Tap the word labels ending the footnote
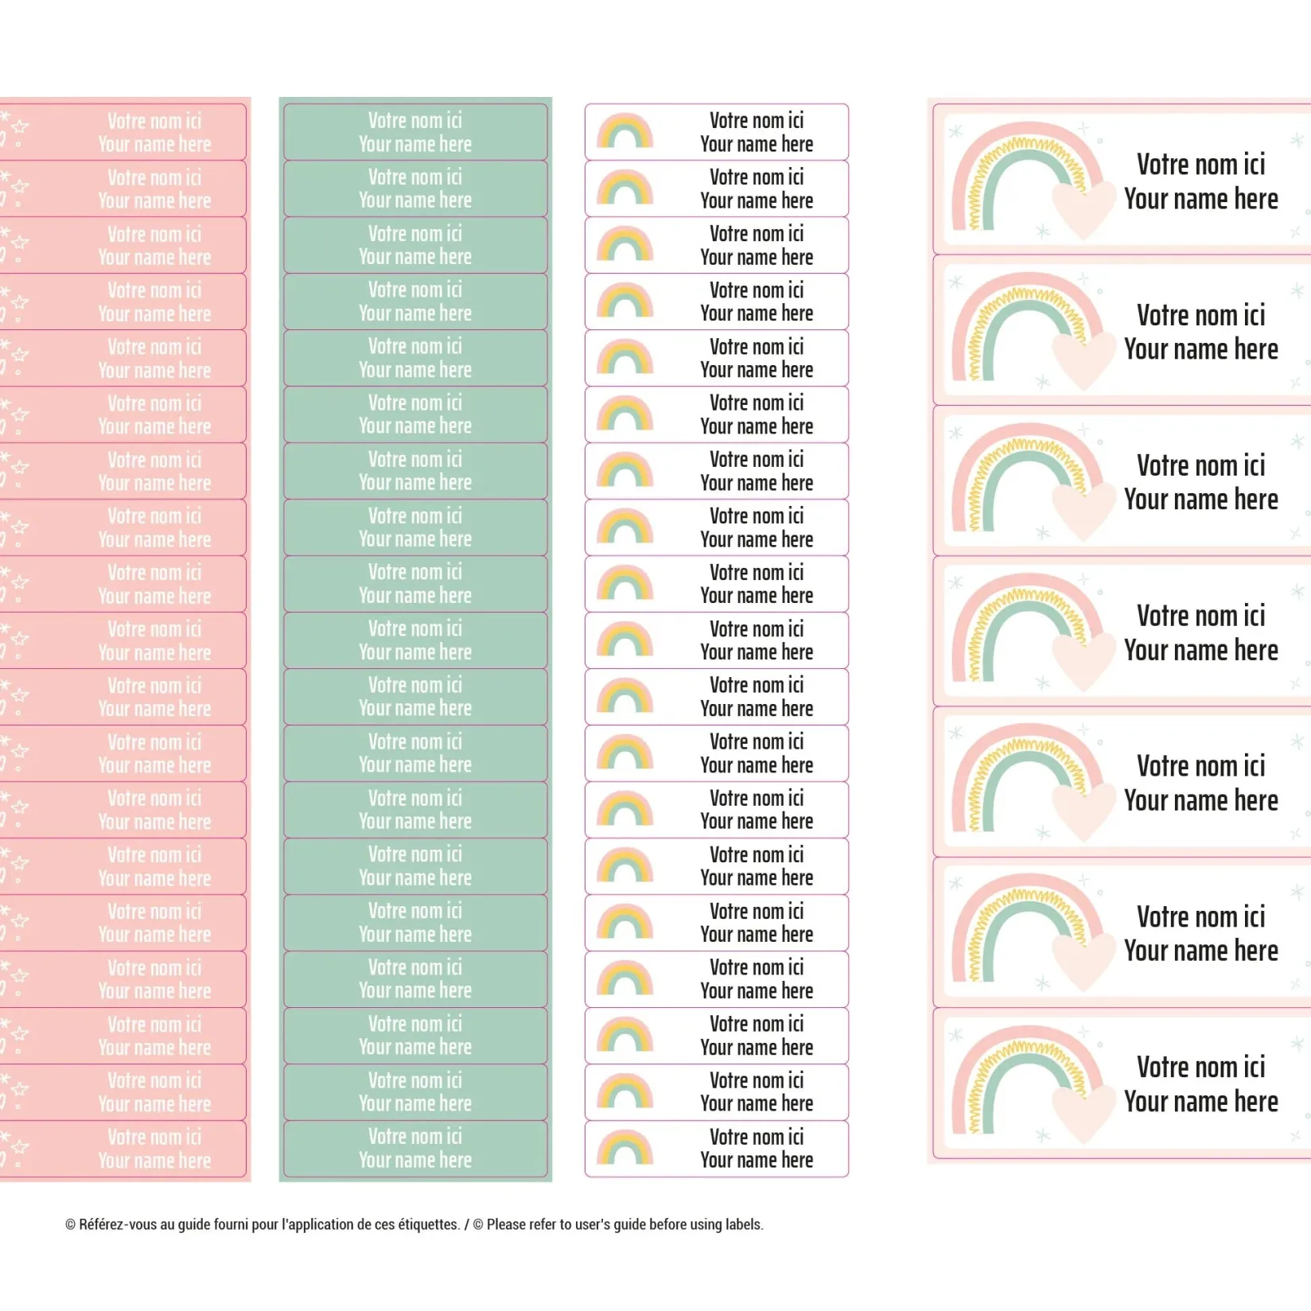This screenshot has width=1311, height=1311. (744, 1224)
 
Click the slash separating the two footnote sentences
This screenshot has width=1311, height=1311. (467, 1224)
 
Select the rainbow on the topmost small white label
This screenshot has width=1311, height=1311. (624, 132)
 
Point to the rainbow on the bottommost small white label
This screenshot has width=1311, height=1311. (624, 1148)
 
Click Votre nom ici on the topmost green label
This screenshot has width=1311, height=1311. (414, 121)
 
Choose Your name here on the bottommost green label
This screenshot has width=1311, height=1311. (414, 1161)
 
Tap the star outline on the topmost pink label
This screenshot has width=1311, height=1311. (20, 126)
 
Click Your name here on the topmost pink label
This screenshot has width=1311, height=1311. (154, 145)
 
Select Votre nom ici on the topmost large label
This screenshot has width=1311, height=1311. (1200, 165)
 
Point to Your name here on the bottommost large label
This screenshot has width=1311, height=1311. (1200, 1102)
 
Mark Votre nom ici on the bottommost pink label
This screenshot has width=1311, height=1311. (154, 1138)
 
